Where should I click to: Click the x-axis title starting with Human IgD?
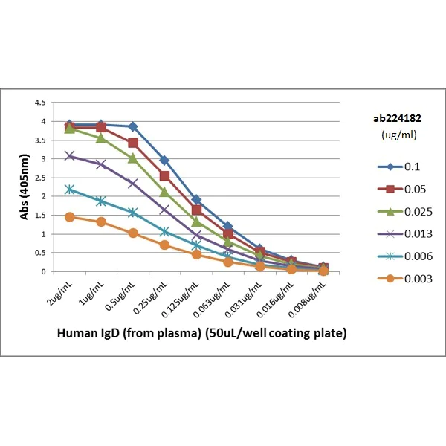(202, 334)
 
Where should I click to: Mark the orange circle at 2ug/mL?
(69, 217)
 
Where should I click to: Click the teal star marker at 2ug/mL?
(69, 190)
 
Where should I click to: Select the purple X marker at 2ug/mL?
(69, 155)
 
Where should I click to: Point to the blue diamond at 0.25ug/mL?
(164, 161)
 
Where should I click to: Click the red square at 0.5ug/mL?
(132, 143)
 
